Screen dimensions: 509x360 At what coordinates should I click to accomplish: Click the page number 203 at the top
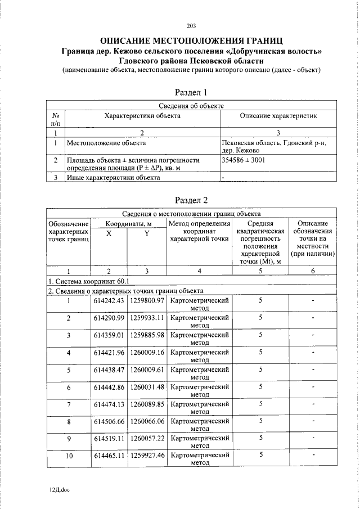coord(192,25)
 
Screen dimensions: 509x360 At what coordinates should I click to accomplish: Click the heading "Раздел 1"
coord(192,92)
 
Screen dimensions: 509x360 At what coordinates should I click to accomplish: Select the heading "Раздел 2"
coord(192,200)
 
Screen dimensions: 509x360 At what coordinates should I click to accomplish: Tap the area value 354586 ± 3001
coord(244,160)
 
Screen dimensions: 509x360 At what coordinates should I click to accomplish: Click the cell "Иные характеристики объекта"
coord(113,178)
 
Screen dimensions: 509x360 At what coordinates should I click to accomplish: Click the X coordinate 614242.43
coord(109,301)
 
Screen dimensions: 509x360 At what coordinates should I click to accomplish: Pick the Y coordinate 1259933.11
coord(147,318)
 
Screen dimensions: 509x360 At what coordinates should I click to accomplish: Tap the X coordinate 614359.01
coord(109,335)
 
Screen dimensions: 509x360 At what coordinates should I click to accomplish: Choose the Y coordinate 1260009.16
coord(147,353)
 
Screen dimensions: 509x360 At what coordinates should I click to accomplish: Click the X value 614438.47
coord(109,370)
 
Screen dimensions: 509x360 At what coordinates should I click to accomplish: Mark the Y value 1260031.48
coord(147,387)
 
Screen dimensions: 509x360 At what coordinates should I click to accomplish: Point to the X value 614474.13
coord(109,404)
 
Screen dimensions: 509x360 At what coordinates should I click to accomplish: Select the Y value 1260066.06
coord(147,421)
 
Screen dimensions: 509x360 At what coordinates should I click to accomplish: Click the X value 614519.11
coord(109,438)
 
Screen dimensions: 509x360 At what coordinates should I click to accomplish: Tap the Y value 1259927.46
coord(147,456)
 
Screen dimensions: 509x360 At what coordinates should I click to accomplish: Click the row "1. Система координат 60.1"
coord(89,281)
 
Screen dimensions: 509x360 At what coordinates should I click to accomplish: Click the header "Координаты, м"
coord(128,224)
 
